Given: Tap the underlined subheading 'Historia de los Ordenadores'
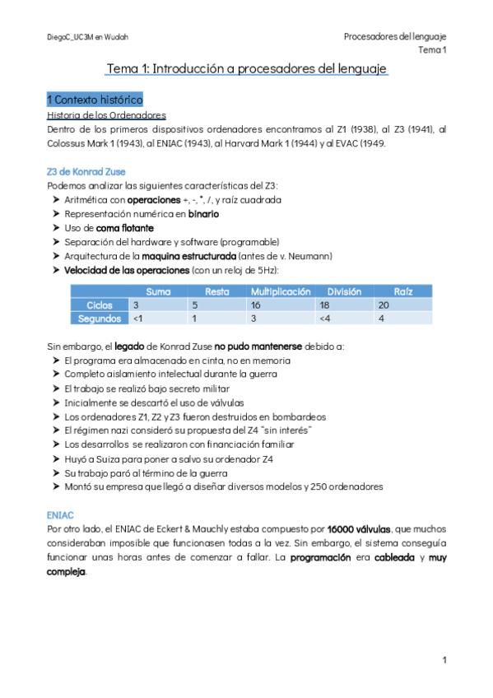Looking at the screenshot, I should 107,115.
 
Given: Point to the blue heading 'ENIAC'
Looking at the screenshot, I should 61,514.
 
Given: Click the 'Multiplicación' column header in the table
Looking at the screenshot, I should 281,291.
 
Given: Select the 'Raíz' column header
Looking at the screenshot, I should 402,291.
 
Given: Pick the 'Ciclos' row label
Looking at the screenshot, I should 100,305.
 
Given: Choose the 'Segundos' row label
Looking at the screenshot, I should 100,318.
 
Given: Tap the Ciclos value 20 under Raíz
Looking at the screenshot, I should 382,305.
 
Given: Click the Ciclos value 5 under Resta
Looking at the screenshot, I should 194,305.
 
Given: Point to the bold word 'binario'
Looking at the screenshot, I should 203,213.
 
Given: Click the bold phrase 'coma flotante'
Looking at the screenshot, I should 124,227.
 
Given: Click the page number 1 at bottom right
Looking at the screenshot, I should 444,660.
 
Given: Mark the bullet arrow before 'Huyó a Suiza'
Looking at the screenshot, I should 55,458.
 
